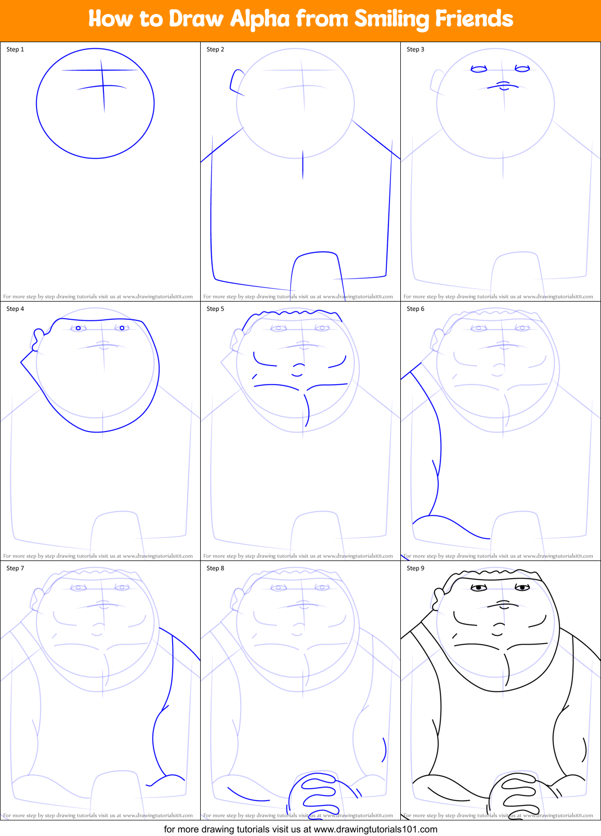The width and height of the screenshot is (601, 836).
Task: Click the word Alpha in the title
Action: [x=259, y=19]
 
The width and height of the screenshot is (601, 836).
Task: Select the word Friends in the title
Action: [x=474, y=19]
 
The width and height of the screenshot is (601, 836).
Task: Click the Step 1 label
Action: [x=15, y=49]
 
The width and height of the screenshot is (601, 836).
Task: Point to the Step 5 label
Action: [x=215, y=309]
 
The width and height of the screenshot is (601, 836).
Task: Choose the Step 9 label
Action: [x=415, y=568]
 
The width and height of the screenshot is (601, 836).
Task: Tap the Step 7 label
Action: [x=15, y=568]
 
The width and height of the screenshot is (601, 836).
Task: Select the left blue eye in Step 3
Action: [x=478, y=69]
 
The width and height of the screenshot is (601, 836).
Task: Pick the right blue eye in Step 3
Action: [x=522, y=68]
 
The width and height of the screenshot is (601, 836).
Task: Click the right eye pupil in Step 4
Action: [x=122, y=328]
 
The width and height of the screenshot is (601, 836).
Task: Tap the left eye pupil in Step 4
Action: [x=79, y=328]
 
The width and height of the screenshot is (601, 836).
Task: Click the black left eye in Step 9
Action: [x=478, y=587]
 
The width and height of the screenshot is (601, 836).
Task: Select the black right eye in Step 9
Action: [x=522, y=587]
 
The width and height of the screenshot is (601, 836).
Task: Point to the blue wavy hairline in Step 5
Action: [x=294, y=312]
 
